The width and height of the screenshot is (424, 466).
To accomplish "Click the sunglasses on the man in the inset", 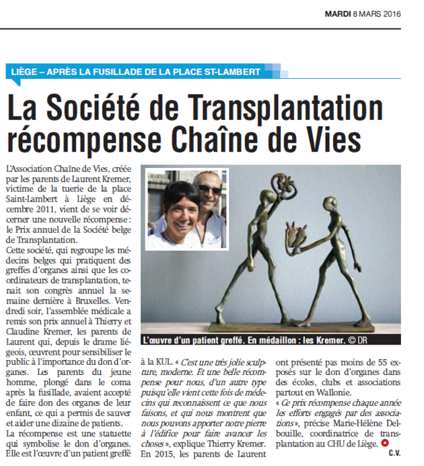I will pos(209,190).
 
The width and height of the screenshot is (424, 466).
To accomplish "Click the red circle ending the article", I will pos(384,443).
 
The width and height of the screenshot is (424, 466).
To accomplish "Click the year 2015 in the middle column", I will pos(170,455).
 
